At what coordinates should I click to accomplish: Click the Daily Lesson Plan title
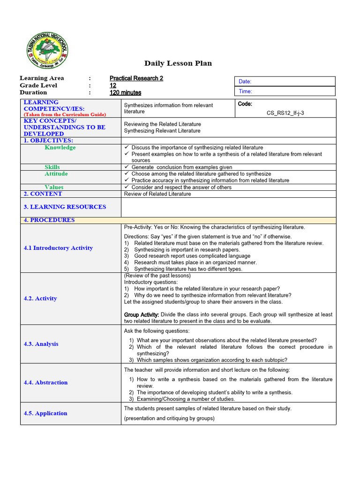coord(178,63)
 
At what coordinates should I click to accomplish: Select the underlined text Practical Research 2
coord(136,78)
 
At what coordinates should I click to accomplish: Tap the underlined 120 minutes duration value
coord(125,93)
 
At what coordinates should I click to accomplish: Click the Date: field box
coord(285,82)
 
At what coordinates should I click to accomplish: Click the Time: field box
coord(285,91)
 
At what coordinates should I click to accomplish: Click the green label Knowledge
coord(60,148)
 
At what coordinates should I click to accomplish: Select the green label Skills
coord(52,167)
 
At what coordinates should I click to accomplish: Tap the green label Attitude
coord(56,174)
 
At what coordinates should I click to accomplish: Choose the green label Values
coord(54,187)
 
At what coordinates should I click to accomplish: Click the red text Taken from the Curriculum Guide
coord(65,114)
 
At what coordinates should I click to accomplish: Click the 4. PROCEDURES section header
coord(49,220)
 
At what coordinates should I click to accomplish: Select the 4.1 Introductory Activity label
coord(58,248)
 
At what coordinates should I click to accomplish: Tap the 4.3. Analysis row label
coord(41,344)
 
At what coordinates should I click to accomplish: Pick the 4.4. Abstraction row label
coord(45,382)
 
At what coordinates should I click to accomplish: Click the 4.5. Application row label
coord(45,413)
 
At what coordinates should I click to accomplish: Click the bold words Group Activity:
coord(142,315)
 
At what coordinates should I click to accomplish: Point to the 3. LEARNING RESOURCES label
coord(65,207)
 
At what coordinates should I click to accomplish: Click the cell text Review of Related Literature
coord(157,194)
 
